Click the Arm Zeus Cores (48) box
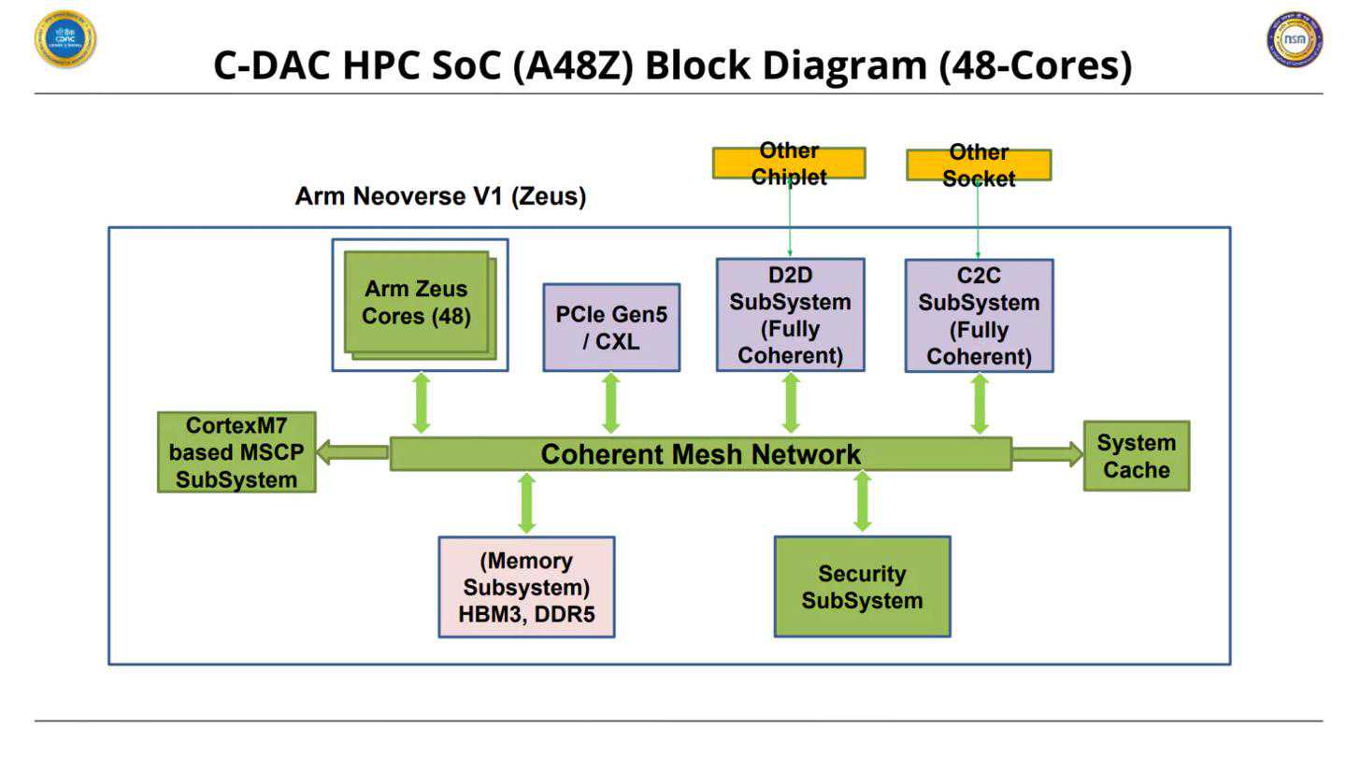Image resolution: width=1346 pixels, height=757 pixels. coord(417,303)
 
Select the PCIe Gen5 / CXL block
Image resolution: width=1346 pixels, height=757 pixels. coord(611,327)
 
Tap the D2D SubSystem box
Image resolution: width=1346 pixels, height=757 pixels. coord(791,315)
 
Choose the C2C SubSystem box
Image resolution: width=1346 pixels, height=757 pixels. coord(979,316)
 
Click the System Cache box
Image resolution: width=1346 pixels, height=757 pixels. coord(1136,456)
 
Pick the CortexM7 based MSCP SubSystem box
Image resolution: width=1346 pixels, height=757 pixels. coord(236,452)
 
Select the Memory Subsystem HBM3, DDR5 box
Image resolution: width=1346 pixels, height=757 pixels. coord(526,587)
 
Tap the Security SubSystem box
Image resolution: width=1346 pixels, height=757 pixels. coord(862,587)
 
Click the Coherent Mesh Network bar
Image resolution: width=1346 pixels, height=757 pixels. coord(700,454)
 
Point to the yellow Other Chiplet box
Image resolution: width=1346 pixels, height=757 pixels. coord(789,163)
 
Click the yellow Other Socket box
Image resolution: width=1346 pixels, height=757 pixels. coord(979,165)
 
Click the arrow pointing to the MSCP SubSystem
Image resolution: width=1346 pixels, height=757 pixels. coord(352,453)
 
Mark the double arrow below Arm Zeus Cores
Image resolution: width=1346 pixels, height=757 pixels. coord(422,403)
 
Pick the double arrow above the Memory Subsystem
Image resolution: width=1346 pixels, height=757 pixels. coord(526,503)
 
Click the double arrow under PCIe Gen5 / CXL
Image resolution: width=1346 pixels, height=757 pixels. coord(611,403)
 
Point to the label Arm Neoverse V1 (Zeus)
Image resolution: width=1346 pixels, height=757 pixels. coord(440,197)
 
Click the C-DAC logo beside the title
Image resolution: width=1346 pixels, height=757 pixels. coord(65,39)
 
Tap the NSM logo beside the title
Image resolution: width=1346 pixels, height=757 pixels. coord(1295,39)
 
